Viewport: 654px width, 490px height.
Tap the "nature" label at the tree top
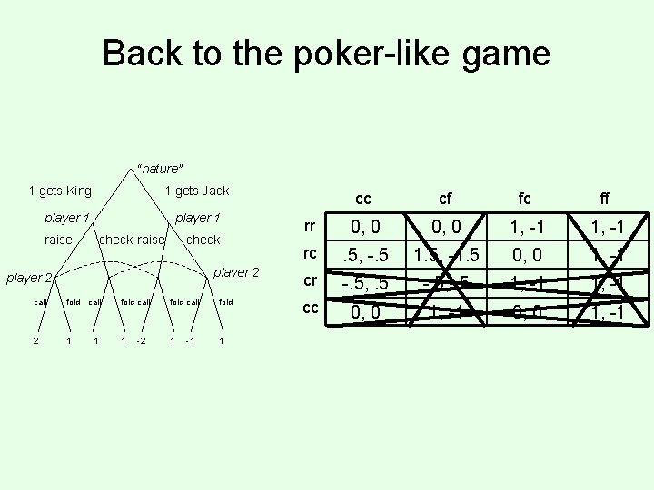[x=160, y=169]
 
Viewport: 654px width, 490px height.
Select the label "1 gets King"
[x=61, y=191]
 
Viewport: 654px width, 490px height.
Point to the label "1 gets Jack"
[x=196, y=191]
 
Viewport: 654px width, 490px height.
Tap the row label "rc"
[x=311, y=254]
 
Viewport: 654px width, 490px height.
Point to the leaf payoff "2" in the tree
[x=35, y=341]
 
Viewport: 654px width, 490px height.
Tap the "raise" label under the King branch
[x=58, y=240]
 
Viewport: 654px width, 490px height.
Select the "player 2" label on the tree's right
[x=236, y=273]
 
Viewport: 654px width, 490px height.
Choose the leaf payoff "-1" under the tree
[x=190, y=341]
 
